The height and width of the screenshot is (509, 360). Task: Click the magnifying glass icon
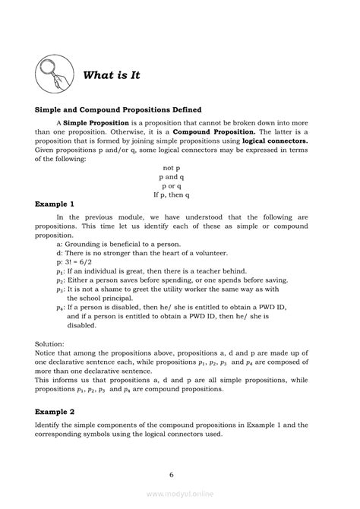point(55,74)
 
